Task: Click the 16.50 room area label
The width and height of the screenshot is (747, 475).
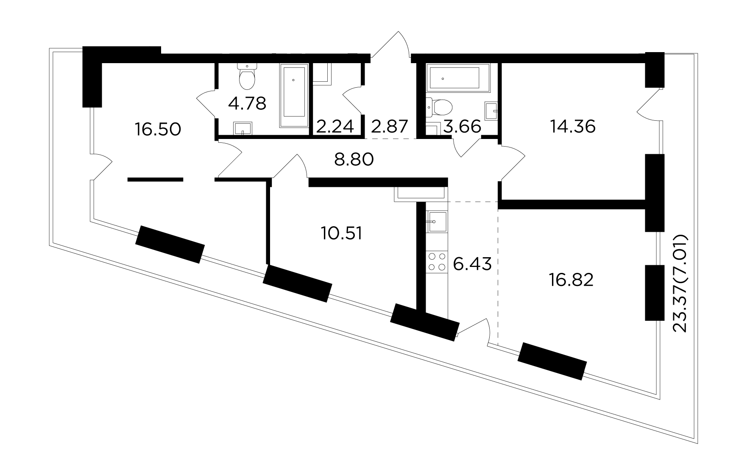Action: click(x=158, y=129)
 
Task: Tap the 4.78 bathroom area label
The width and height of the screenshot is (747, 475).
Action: click(x=247, y=103)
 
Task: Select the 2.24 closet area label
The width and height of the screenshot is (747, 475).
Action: click(x=335, y=126)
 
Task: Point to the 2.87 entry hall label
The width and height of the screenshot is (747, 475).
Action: click(x=390, y=126)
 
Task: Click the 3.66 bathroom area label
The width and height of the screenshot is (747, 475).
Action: click(x=462, y=126)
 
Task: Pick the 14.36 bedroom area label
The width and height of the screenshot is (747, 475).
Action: click(x=573, y=126)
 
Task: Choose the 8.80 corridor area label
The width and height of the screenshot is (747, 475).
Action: click(x=354, y=160)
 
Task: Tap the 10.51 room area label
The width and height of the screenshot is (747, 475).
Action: click(x=342, y=233)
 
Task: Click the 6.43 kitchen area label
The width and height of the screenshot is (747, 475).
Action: click(x=472, y=264)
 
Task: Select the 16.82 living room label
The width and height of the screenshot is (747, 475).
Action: click(x=570, y=280)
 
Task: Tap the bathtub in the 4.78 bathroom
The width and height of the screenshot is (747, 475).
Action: click(x=293, y=96)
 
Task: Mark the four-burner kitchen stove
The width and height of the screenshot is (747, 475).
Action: click(x=437, y=261)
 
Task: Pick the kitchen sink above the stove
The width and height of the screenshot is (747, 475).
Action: click(x=437, y=221)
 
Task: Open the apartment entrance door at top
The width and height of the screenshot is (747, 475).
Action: click(x=391, y=47)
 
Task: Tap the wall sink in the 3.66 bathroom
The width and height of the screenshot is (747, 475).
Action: click(x=491, y=110)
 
